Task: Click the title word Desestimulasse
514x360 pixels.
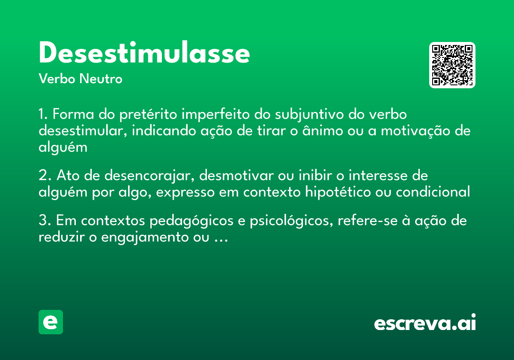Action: click(144, 54)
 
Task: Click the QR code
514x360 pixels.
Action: click(452, 65)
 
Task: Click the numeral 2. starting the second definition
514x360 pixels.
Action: click(45, 176)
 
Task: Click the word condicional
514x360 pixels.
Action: click(433, 192)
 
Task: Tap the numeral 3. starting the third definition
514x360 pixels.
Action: click(45, 221)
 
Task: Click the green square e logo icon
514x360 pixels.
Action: click(51, 322)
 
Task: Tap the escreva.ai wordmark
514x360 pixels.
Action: click(425, 323)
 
